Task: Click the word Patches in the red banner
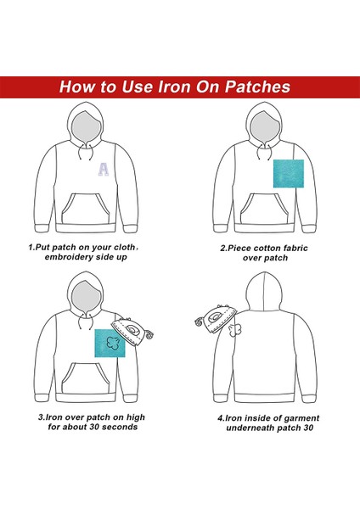click(257, 87)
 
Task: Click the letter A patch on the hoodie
click(104, 170)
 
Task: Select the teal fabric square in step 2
click(289, 173)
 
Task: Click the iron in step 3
click(132, 332)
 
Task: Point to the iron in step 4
click(216, 319)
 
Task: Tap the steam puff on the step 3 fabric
click(113, 343)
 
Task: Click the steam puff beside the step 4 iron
click(234, 330)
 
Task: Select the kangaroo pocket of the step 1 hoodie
click(86, 209)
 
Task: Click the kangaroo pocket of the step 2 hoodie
click(264, 209)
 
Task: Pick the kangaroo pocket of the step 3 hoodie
click(86, 378)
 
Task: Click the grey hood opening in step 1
click(85, 127)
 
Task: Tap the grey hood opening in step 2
click(265, 127)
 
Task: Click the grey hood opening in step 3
click(85, 297)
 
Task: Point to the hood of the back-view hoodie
click(264, 292)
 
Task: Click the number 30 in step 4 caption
click(309, 428)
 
